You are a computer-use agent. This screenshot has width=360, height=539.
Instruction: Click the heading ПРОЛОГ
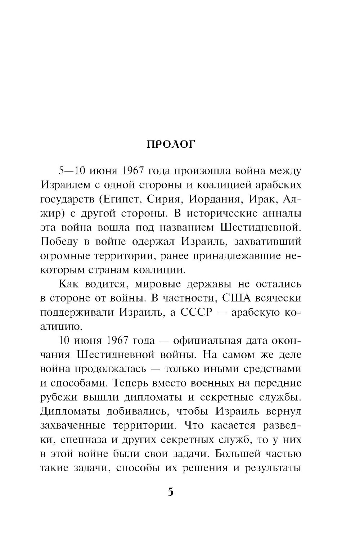click(x=170, y=144)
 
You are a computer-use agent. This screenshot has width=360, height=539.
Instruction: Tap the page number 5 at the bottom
click(x=171, y=492)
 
